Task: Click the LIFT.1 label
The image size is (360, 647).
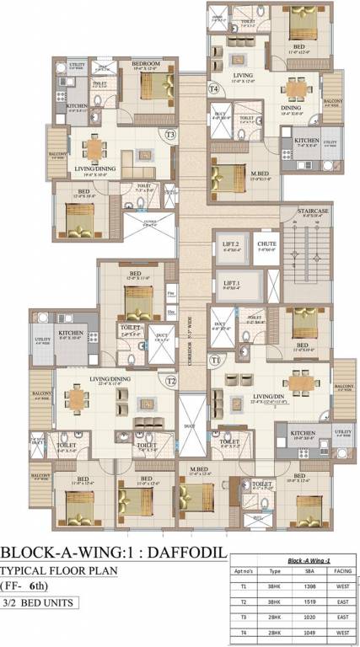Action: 228,284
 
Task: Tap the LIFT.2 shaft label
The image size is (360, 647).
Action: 228,245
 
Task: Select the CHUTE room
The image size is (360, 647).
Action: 266,245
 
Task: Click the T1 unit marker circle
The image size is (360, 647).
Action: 216,360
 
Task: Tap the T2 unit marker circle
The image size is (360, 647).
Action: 171,381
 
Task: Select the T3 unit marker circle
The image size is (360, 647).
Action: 170,134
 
